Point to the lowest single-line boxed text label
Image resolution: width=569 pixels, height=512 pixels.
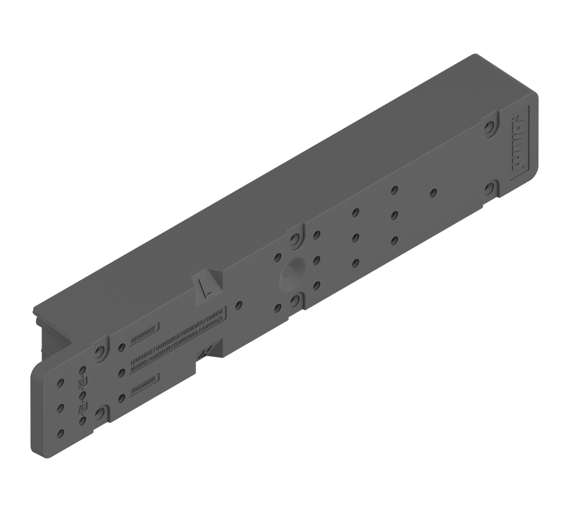pyautogui.click(x=145, y=385)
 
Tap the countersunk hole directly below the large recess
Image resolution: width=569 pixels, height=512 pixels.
pyautogui.click(x=295, y=302)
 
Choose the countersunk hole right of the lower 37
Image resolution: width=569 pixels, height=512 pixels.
pyautogui.click(x=101, y=413)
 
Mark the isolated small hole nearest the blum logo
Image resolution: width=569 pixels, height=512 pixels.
pyautogui.click(x=434, y=193)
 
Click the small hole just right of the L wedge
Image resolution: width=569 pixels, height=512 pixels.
pyautogui.click(x=238, y=306)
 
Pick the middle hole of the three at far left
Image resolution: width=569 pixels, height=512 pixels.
pyautogui.click(x=60, y=408)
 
